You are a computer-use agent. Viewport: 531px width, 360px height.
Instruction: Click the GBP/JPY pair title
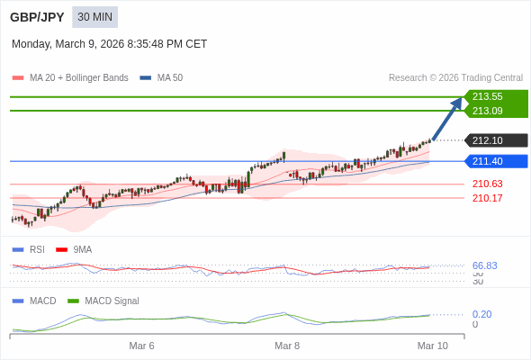(37, 17)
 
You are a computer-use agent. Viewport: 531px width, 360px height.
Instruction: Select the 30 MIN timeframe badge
(94, 17)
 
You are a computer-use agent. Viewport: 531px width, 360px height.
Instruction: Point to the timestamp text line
(110, 44)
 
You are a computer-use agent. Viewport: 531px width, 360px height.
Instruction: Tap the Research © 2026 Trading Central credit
(455, 77)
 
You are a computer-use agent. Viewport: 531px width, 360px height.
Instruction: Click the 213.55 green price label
(487, 96)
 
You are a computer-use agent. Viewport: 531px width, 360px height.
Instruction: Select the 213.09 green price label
(487, 111)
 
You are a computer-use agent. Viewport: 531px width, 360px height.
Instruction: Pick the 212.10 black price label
(487, 140)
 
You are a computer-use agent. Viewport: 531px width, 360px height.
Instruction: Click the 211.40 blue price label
(487, 161)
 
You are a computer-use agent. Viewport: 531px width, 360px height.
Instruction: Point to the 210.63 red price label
(487, 184)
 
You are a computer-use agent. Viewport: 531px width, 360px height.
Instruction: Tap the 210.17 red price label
(487, 198)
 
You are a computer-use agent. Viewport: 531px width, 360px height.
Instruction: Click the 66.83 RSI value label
(484, 265)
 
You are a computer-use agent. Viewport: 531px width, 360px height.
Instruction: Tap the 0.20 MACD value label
(481, 314)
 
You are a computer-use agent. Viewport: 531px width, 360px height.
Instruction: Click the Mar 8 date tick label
(287, 346)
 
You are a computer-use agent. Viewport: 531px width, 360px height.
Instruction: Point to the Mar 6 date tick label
(141, 346)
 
